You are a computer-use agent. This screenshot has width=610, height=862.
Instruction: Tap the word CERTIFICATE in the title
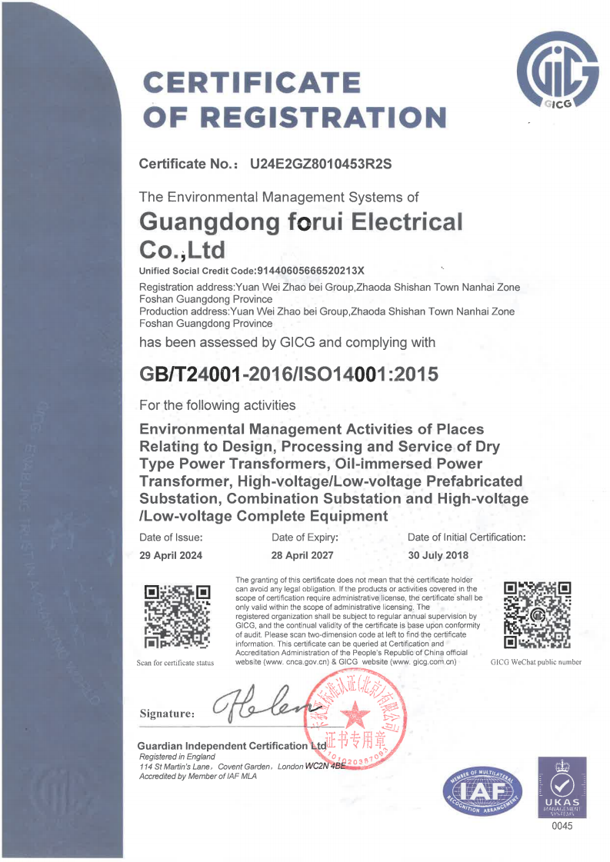coord(252,83)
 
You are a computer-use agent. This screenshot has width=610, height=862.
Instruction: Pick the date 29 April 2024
coord(171,555)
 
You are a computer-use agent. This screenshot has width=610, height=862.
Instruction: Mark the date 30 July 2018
coord(438,555)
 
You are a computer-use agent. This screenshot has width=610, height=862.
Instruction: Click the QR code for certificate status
coord(178,616)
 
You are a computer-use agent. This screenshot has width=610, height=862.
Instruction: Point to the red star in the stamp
coord(355,717)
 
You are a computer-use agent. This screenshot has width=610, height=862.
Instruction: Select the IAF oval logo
coord(482,792)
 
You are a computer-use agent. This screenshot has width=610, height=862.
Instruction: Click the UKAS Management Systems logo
coord(562,786)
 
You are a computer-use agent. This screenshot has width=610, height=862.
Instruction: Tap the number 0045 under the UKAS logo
coord(562,827)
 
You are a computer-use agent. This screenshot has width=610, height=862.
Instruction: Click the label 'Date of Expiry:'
coord(305,537)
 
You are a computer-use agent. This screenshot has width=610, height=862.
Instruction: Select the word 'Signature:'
coord(167,714)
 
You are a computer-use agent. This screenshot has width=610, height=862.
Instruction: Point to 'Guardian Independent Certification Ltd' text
coord(232,746)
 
